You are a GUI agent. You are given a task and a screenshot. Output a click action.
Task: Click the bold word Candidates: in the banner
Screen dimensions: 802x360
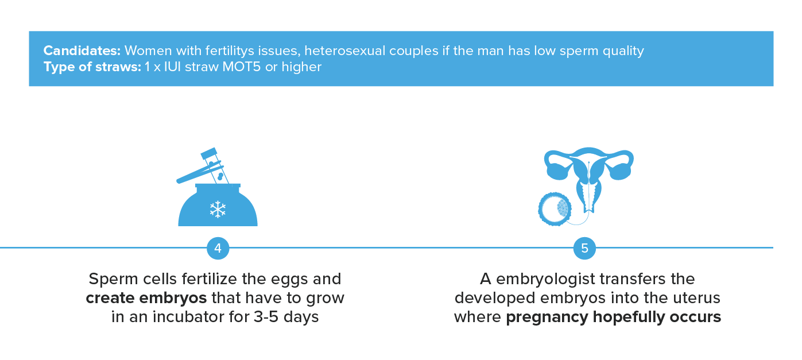tap(82, 51)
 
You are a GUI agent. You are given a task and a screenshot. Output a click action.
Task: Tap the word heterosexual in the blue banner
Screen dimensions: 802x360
tap(345, 51)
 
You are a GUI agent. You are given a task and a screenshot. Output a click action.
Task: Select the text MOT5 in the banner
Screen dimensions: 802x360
tap(241, 67)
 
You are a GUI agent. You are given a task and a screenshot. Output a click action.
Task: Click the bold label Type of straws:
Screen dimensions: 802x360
tap(92, 67)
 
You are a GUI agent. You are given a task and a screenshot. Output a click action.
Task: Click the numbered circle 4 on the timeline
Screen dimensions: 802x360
tap(218, 248)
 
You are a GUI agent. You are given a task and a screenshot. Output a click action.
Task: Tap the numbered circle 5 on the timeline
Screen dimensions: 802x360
tap(584, 248)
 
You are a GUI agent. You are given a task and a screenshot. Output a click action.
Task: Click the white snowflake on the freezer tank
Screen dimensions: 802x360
tap(218, 210)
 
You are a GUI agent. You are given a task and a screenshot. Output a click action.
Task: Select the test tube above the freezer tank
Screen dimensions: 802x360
tap(215, 165)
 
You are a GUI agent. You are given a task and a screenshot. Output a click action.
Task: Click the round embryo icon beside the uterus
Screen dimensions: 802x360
tap(555, 209)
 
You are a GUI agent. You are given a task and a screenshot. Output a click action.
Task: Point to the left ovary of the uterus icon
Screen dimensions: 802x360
tap(557, 172)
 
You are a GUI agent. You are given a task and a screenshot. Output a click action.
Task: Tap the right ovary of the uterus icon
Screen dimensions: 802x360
tap(621, 172)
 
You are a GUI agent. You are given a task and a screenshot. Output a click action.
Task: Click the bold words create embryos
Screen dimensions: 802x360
tap(146, 298)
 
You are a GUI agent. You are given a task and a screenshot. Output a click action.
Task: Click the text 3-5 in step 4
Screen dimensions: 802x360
tap(266, 317)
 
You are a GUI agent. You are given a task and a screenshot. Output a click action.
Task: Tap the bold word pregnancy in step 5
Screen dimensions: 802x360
tap(547, 318)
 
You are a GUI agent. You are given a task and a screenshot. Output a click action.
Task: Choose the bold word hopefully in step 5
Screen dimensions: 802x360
tap(629, 318)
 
